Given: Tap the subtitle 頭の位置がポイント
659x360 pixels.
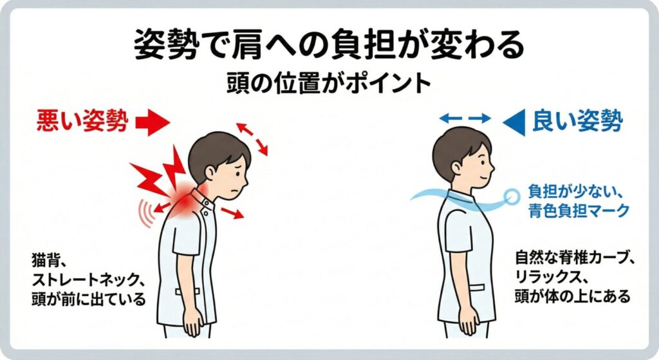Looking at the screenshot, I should tap(329, 84).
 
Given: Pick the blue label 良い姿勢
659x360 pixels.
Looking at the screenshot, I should tap(577, 121).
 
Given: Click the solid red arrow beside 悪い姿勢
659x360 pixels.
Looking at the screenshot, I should tap(153, 123).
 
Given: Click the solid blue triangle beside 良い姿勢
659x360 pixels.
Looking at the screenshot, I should tap(514, 122).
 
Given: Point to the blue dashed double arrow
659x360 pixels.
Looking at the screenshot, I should tap(465, 118).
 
